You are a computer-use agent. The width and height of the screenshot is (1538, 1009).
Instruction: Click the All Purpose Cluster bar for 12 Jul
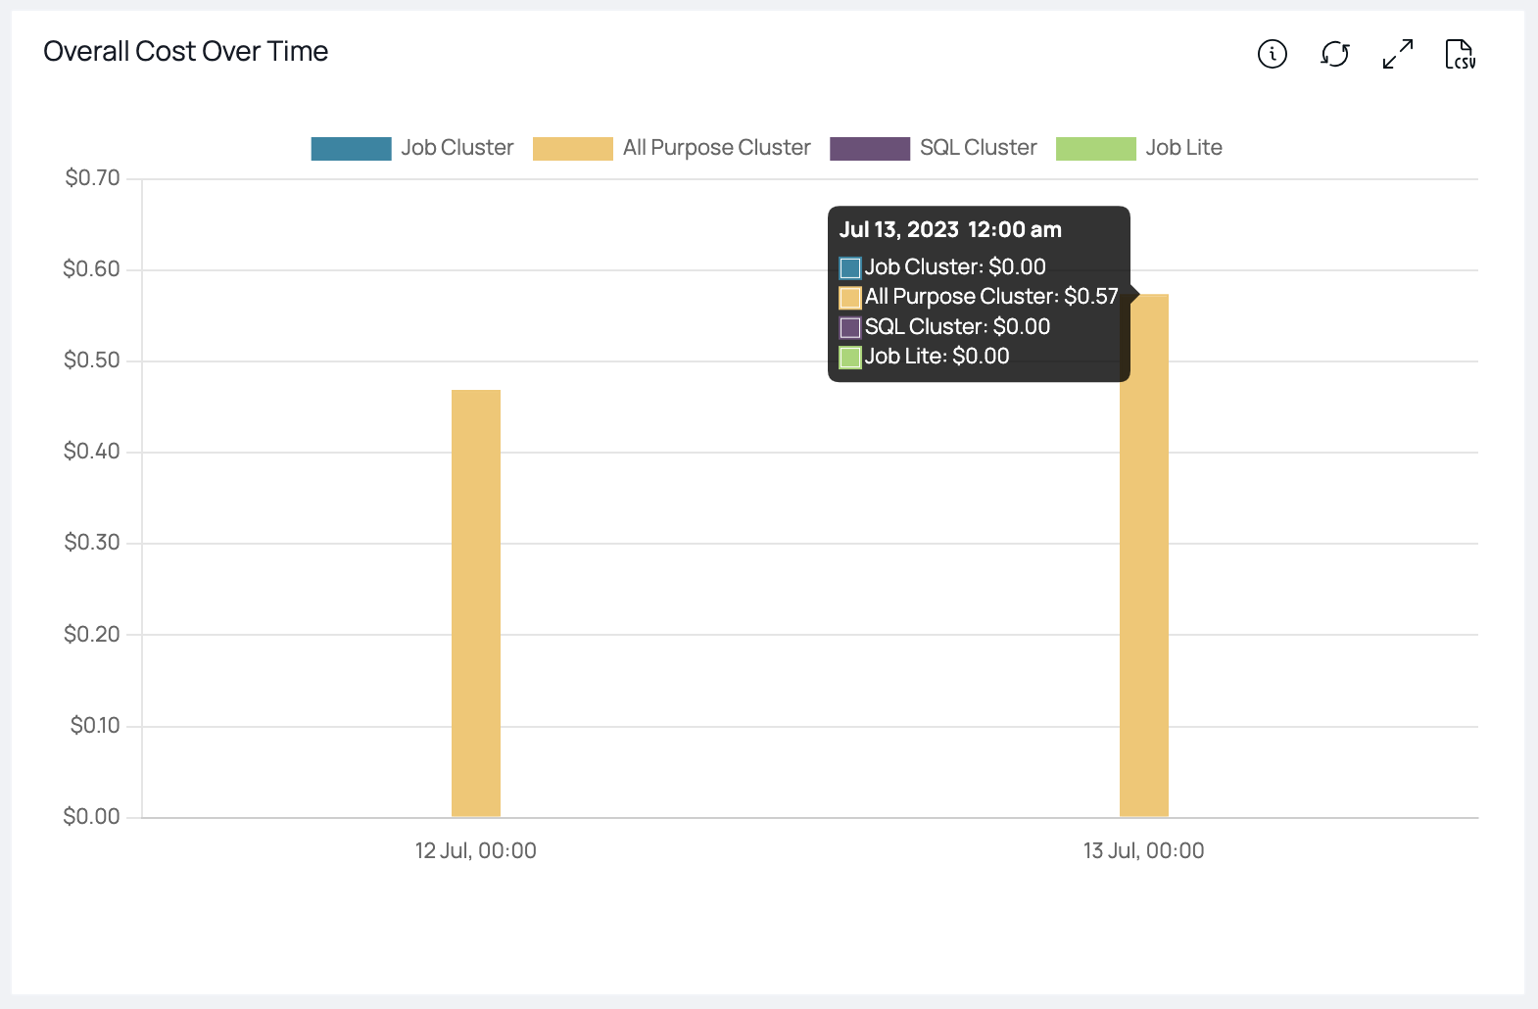[476, 602]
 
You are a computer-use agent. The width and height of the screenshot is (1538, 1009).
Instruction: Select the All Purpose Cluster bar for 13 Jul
[1144, 588]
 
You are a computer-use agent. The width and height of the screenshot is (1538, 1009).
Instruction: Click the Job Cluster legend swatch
[351, 148]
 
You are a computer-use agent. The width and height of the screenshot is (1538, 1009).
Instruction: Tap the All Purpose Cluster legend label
[716, 148]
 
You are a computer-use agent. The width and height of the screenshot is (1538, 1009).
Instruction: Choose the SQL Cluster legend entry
[977, 148]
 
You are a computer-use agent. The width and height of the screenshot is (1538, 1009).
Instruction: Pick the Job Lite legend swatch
[1095, 148]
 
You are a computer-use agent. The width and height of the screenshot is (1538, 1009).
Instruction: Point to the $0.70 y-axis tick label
[92, 178]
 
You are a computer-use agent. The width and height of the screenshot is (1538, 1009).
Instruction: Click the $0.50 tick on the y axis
[92, 360]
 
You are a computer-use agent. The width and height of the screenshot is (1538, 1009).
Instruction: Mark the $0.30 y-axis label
[92, 543]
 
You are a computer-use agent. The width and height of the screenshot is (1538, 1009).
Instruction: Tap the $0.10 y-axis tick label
[95, 726]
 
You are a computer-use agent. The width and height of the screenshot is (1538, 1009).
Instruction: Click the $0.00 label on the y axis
[92, 817]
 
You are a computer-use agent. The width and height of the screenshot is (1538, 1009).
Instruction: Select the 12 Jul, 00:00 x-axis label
[476, 850]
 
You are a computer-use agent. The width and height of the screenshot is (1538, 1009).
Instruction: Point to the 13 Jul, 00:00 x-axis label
[1143, 850]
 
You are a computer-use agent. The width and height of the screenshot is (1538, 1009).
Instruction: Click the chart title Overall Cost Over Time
[186, 51]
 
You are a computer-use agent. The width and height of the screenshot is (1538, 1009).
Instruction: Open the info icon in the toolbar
[1272, 54]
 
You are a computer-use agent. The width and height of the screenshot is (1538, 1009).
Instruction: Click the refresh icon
[1334, 54]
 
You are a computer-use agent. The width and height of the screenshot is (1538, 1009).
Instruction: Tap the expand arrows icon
[1397, 54]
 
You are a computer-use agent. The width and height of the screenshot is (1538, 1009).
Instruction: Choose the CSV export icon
[1460, 54]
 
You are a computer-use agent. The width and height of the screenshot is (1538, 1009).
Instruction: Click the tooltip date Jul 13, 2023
[898, 230]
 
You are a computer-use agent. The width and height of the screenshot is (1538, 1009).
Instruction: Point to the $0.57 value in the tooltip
[1090, 297]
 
